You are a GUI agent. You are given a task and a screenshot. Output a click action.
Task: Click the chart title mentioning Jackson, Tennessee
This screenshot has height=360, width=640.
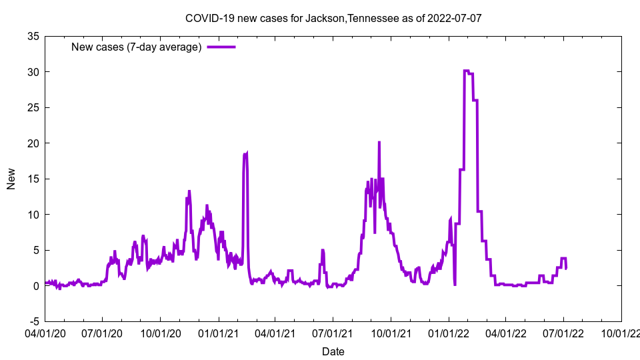tap(333, 18)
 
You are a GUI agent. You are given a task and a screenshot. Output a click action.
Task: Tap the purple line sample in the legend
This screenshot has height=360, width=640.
tap(221, 47)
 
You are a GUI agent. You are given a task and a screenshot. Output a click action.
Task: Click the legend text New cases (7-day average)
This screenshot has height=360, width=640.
tap(137, 47)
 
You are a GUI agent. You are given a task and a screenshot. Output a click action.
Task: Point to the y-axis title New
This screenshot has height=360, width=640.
tap(11, 179)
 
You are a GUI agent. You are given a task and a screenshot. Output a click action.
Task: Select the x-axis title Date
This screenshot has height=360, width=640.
tap(333, 351)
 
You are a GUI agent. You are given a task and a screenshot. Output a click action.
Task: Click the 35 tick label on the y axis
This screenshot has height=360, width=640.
tap(33, 36)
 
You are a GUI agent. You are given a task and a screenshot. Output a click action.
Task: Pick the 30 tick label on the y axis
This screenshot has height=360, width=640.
tap(33, 72)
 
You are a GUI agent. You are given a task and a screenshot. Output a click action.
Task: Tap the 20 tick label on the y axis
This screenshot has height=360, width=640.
tap(33, 143)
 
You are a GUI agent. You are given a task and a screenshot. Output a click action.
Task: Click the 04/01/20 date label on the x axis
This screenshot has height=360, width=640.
tap(45, 331)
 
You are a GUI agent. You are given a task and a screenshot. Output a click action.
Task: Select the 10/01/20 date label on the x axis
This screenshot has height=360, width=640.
tap(161, 331)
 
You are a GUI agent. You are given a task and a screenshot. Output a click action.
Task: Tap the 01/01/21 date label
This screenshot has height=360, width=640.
tap(218, 331)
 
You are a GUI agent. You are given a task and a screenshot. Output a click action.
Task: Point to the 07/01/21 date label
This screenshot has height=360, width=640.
tap(333, 331)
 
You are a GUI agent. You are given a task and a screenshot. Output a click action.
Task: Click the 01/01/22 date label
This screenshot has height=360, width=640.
tap(449, 331)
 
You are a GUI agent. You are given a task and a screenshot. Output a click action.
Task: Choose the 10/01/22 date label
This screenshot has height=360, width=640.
tap(621, 331)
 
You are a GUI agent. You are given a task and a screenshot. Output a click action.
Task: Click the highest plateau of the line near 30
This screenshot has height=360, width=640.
tap(467, 71)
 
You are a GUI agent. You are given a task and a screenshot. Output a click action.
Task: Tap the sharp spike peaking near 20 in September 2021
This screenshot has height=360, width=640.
tap(379, 142)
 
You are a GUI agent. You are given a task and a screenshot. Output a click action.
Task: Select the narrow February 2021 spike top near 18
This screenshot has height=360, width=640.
tap(245, 154)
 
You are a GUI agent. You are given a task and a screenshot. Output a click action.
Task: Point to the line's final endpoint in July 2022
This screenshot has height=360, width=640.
tap(566, 268)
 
